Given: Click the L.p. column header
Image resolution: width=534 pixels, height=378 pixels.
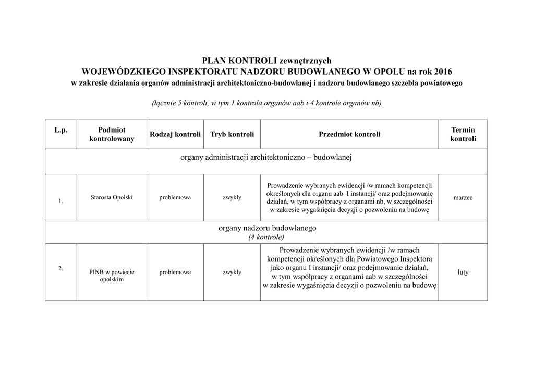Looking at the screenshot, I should point(61,130).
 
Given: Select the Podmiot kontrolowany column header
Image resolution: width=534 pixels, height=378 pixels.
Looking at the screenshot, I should point(112,134).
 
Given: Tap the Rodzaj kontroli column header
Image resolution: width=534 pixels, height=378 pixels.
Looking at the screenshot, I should point(175,134).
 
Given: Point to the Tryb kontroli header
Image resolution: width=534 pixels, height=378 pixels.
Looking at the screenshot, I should point(232,134).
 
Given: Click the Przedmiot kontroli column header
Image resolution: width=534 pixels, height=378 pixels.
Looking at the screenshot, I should point(349,134).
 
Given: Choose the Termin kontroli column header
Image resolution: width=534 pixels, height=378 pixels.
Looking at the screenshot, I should point(463,134).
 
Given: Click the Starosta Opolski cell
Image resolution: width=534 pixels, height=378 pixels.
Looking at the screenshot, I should point(112,198).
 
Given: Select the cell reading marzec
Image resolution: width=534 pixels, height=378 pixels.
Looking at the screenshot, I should point(463,198).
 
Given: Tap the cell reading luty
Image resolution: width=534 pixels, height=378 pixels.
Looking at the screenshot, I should point(463,272).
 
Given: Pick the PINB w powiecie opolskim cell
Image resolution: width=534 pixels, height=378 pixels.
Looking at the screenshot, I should point(112,276).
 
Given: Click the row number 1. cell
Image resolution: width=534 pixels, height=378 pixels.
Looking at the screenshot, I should point(61,202).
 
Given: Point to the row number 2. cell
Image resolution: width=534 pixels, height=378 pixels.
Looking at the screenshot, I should point(61,268).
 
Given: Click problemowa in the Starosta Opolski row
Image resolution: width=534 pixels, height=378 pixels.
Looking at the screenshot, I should point(175,198).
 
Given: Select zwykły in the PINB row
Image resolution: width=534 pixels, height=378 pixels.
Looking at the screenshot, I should point(232,272).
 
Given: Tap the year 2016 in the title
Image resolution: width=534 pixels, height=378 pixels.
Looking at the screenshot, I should point(442,71).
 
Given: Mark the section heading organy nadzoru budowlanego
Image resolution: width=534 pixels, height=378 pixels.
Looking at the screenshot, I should point(267,228).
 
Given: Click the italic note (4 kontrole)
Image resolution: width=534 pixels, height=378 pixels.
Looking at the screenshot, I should point(266,237).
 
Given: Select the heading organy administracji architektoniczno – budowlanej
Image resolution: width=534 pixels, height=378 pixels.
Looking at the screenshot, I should point(266,157).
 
